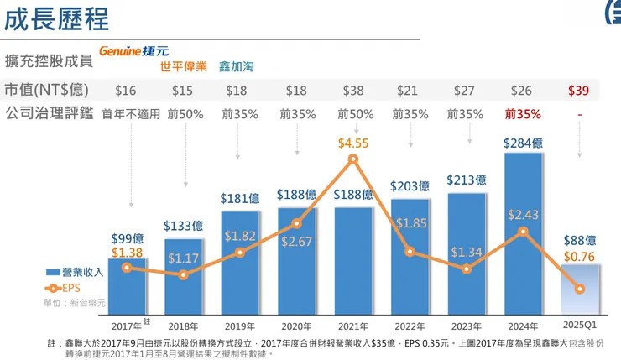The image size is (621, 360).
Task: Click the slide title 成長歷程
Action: point(56,18)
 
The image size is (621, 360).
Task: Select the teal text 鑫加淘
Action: point(237,65)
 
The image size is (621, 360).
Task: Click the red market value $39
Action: point(578,91)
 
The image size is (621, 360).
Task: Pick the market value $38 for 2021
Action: point(352,91)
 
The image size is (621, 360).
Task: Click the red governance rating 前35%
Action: point(522,113)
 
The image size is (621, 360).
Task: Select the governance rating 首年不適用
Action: point(130,113)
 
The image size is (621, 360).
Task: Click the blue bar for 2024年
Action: point(523,231)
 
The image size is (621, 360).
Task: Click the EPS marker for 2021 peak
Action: point(353,159)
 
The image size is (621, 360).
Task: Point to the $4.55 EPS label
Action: point(353,143)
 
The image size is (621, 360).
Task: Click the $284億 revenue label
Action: point(523,143)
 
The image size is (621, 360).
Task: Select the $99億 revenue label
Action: point(128,239)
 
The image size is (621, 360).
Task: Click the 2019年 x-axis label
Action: point(240,326)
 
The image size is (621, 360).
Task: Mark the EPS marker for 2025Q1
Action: point(580,289)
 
